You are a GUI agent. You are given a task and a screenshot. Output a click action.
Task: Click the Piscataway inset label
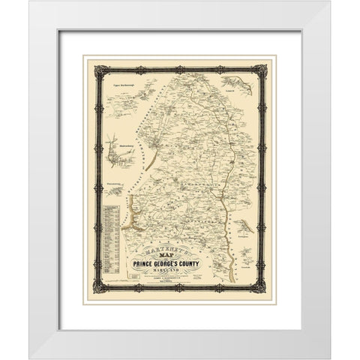(x=113, y=179)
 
